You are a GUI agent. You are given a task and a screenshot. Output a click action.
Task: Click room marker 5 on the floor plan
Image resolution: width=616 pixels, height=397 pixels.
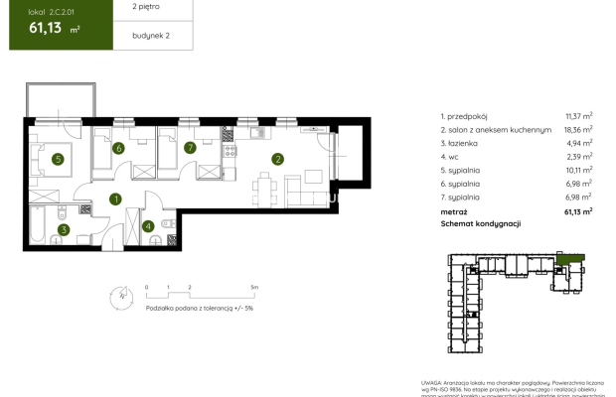click(x=59, y=158)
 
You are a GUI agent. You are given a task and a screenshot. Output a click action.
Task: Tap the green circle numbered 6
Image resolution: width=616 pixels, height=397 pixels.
click(x=118, y=149)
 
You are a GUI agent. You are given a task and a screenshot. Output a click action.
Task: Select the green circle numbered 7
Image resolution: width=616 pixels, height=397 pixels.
click(x=189, y=149)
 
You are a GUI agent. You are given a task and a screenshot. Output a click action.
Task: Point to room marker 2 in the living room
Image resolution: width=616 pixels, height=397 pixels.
click(x=279, y=158)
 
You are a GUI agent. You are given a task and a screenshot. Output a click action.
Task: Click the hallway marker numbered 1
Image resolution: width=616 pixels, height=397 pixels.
click(x=115, y=199)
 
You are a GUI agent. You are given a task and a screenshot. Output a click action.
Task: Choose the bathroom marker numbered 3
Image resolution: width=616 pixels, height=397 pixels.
click(x=63, y=230)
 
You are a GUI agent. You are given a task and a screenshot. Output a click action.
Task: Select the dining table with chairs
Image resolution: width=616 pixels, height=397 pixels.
click(x=263, y=186)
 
